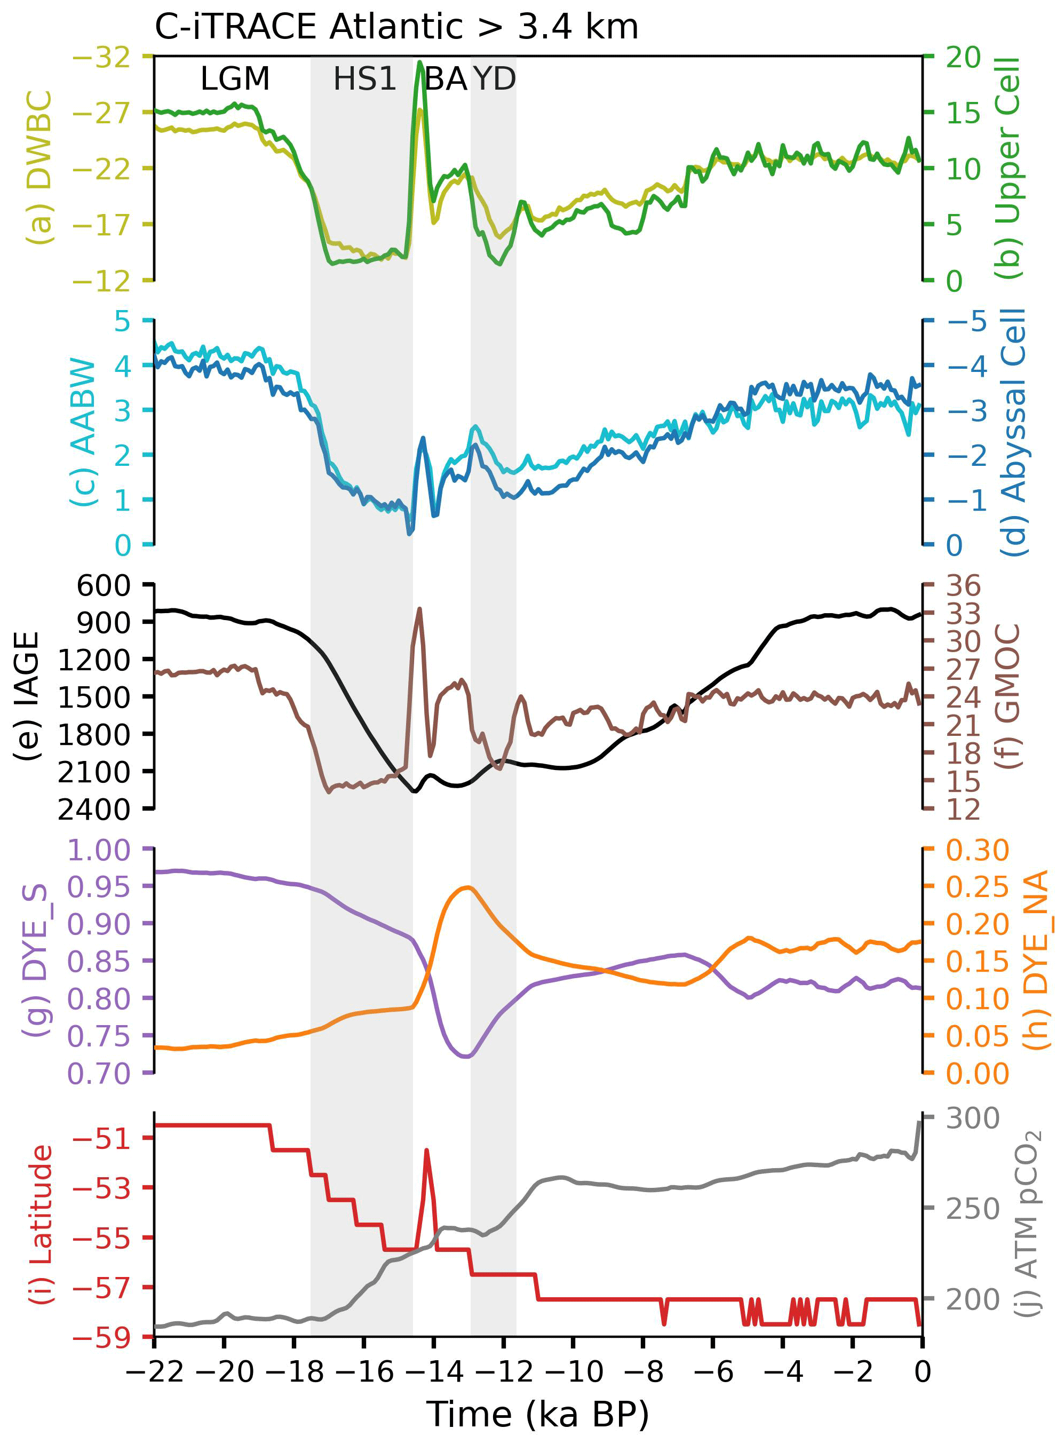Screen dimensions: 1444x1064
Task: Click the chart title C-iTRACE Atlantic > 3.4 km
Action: (396, 27)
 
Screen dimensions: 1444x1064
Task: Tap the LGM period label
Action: (235, 79)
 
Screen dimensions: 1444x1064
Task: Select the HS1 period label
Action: (364, 79)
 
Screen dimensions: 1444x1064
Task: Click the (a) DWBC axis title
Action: (40, 168)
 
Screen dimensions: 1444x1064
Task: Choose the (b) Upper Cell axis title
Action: (1009, 168)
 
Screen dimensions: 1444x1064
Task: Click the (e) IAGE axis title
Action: (27, 696)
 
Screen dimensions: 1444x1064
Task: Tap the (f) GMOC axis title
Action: (1009, 696)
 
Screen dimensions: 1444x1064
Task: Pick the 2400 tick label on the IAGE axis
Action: (94, 810)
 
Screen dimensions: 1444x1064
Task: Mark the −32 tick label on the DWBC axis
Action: (102, 57)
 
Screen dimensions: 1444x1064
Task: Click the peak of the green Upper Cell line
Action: (420, 62)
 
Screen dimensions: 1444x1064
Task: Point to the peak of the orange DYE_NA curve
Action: (467, 887)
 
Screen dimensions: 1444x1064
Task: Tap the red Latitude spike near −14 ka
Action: (426, 1149)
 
